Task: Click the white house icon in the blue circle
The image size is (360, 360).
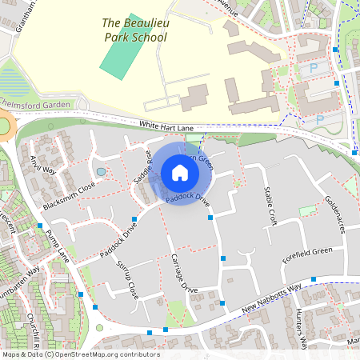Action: tap(180, 173)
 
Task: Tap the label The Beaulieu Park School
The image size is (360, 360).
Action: tap(134, 30)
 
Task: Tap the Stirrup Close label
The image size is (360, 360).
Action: tap(128, 280)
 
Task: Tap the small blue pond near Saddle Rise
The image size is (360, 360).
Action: tap(100, 171)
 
